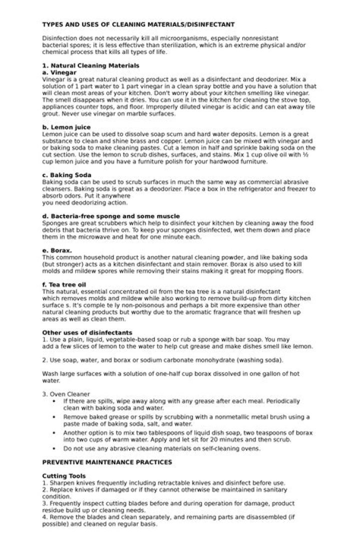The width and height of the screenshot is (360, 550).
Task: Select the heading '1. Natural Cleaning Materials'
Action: tap(90, 65)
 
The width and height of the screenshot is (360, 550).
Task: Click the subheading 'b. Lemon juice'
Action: tap(66, 127)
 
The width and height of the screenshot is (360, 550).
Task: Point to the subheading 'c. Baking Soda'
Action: tap(66, 175)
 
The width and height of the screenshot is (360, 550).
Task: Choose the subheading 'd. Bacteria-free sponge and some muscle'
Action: tap(111, 216)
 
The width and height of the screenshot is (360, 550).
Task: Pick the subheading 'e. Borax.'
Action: tap(57, 250)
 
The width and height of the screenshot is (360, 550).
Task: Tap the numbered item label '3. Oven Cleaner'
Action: tap(66, 394)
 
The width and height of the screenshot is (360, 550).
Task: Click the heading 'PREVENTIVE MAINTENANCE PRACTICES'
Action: tap(107, 462)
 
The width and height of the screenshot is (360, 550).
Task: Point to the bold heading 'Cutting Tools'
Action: tap(63, 475)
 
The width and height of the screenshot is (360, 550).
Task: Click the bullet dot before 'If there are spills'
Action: tap(54, 401)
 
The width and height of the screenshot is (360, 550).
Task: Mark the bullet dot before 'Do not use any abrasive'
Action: tap(54, 448)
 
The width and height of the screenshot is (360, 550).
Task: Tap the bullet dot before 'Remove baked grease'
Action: tap(54, 416)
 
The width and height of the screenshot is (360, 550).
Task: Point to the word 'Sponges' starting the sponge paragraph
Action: tap(55, 223)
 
